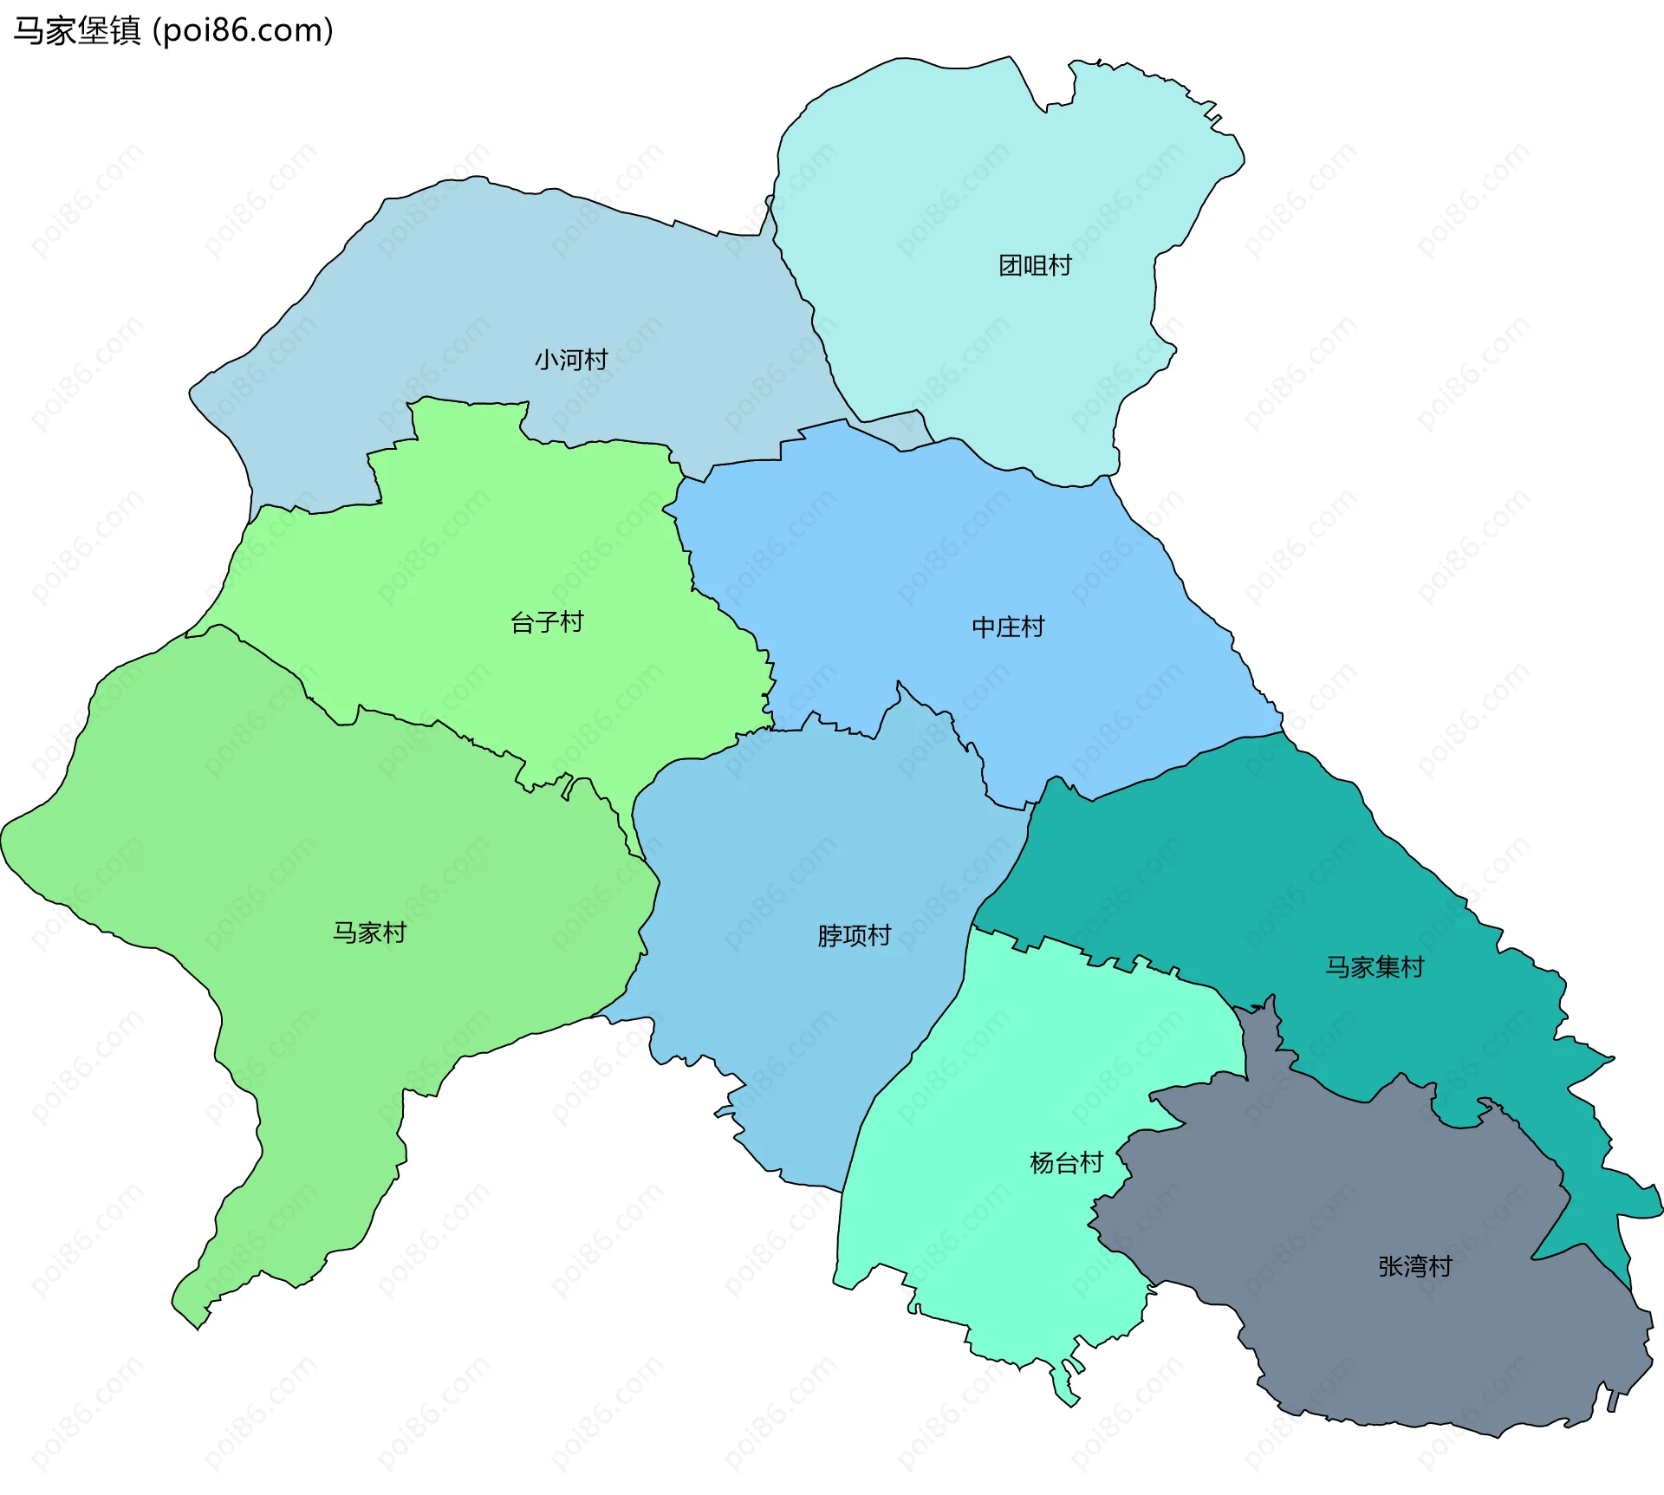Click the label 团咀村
pyautogui.click(x=1035, y=265)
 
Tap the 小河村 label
pyautogui.click(x=571, y=360)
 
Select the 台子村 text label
pyautogui.click(x=547, y=622)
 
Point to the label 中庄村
pyautogui.click(x=1008, y=627)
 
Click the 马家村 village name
pyautogui.click(x=370, y=933)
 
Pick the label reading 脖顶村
pyautogui.click(x=854, y=936)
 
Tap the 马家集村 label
pyautogui.click(x=1375, y=967)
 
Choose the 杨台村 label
pyautogui.click(x=1066, y=1163)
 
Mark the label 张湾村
pyautogui.click(x=1415, y=1267)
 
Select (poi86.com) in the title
pyautogui.click(x=243, y=31)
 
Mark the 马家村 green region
pyautogui.click(x=260, y=823)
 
